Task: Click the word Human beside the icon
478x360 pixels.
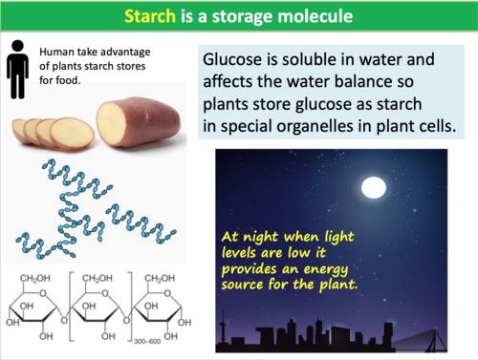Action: coord(58,54)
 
